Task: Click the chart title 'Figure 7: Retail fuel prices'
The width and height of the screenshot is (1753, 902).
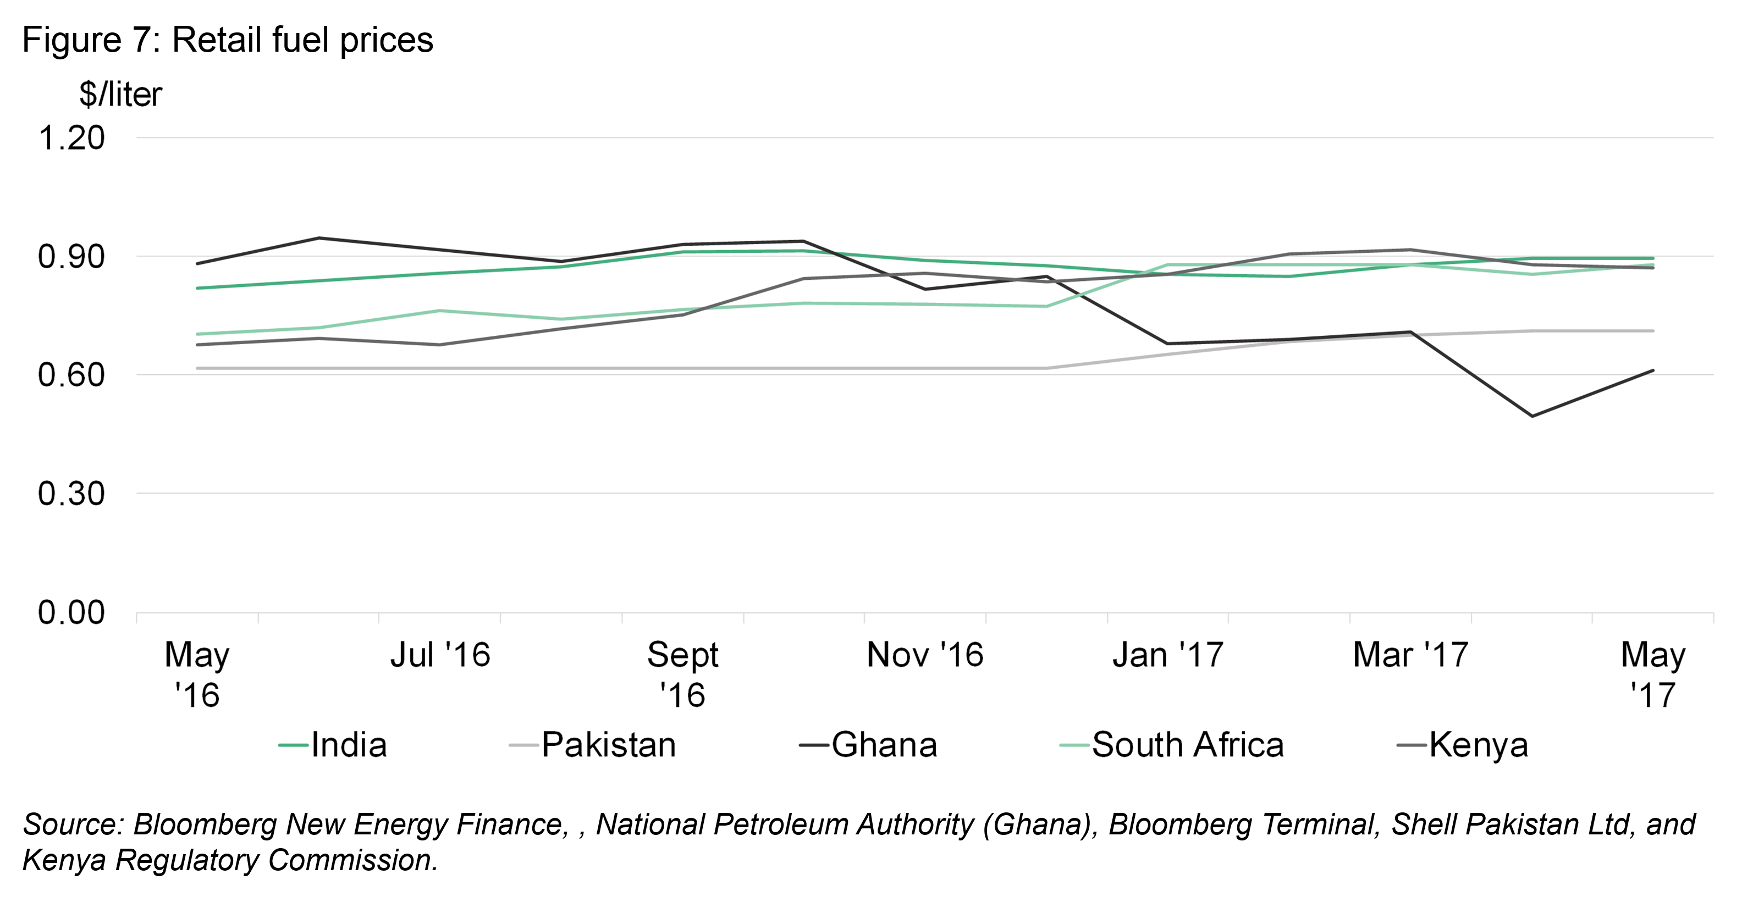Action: (227, 40)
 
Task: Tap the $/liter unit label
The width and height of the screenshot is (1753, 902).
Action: (120, 95)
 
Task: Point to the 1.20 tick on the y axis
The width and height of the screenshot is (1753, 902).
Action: (71, 138)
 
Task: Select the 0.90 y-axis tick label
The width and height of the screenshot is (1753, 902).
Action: (71, 257)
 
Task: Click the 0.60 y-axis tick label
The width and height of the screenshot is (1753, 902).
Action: (71, 375)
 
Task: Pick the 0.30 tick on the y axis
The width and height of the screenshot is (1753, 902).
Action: (71, 494)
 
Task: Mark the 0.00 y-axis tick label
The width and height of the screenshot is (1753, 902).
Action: (71, 613)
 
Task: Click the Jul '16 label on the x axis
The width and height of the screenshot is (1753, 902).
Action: (439, 655)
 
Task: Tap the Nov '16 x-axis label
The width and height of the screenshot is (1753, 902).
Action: (925, 655)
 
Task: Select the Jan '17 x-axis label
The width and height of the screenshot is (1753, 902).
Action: (1168, 655)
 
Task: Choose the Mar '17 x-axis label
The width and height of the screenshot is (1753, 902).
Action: (1410, 655)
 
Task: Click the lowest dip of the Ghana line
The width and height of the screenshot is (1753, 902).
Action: (1532, 416)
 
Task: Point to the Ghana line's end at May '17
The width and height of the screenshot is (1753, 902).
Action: (1653, 370)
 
